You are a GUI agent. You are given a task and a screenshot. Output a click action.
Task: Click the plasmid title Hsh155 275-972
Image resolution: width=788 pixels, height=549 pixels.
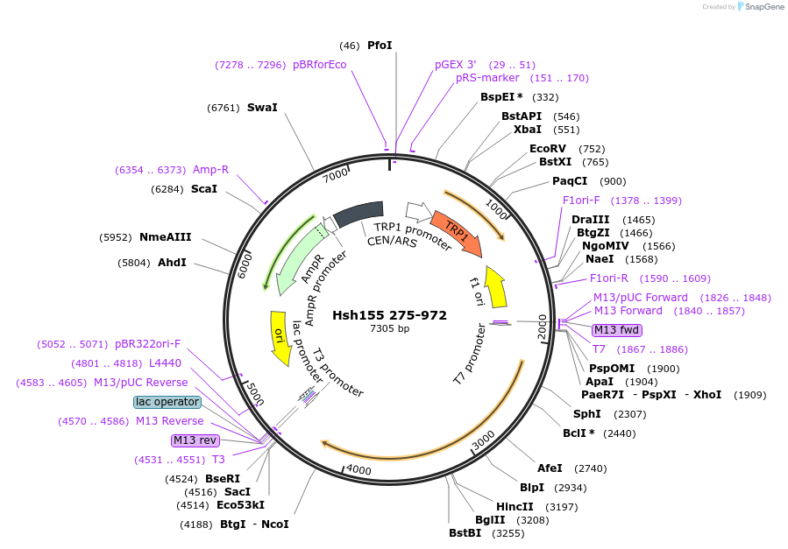[x=389, y=315]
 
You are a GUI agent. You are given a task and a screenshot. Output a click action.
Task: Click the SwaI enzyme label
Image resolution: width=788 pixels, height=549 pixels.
[x=262, y=108]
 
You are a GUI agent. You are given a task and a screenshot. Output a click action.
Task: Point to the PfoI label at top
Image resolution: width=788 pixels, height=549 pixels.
[x=380, y=45]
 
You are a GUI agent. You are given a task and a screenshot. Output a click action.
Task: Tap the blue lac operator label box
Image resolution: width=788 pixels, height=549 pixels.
[x=167, y=402]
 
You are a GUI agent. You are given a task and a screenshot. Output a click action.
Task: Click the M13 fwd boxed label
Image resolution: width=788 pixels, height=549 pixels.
[x=616, y=330]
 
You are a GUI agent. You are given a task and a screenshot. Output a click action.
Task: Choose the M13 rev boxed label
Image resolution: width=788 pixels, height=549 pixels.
[x=195, y=440]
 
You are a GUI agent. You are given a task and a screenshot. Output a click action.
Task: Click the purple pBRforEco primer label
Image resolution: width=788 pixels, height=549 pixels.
[x=319, y=65]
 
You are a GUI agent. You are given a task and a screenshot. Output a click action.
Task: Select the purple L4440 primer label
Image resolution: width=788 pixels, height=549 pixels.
[x=165, y=362]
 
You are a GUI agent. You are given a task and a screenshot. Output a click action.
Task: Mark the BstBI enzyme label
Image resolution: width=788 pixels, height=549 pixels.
[x=465, y=532]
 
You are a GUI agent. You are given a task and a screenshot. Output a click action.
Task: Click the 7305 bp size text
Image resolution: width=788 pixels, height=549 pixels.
[x=389, y=329]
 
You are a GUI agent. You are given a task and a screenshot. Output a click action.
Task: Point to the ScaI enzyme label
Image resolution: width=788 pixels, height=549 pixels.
[x=204, y=188]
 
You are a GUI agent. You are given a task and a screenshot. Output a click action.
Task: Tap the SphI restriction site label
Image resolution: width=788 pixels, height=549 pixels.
[x=586, y=413]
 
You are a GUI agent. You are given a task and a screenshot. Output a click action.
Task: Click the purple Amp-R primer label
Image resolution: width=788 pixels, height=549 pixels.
[x=210, y=170]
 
